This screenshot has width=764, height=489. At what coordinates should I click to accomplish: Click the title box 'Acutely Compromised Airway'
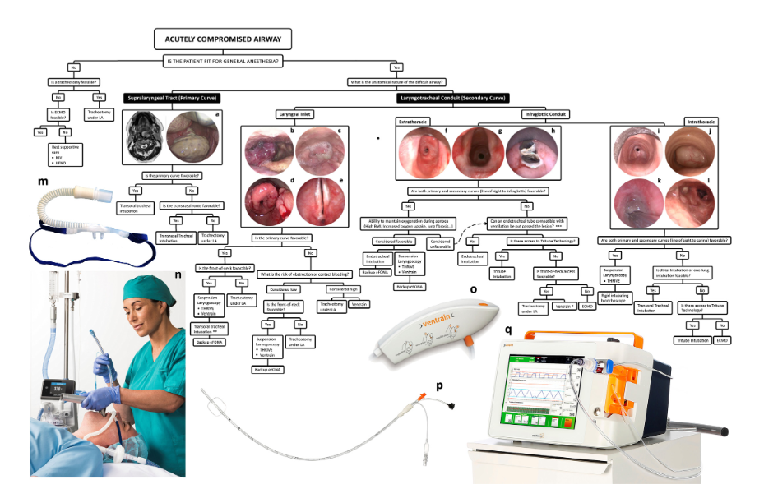[222, 39]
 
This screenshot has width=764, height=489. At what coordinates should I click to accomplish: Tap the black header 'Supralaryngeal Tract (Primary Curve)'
[174, 97]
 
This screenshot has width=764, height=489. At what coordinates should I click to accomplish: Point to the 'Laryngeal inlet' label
[290, 113]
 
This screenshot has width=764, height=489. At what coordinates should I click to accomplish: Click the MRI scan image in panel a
[145, 137]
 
